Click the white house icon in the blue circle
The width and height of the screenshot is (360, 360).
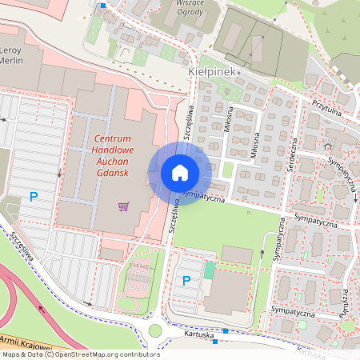pyautogui.click(x=180, y=173)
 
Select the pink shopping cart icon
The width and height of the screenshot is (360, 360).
pyautogui.click(x=124, y=206)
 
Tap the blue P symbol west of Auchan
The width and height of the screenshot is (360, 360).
pyautogui.click(x=34, y=196)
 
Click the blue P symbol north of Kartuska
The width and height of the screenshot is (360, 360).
pyautogui.click(x=186, y=281)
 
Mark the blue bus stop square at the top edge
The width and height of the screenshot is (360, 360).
pyautogui.click(x=102, y=5)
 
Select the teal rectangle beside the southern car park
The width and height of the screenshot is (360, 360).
pyautogui.click(x=209, y=270)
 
